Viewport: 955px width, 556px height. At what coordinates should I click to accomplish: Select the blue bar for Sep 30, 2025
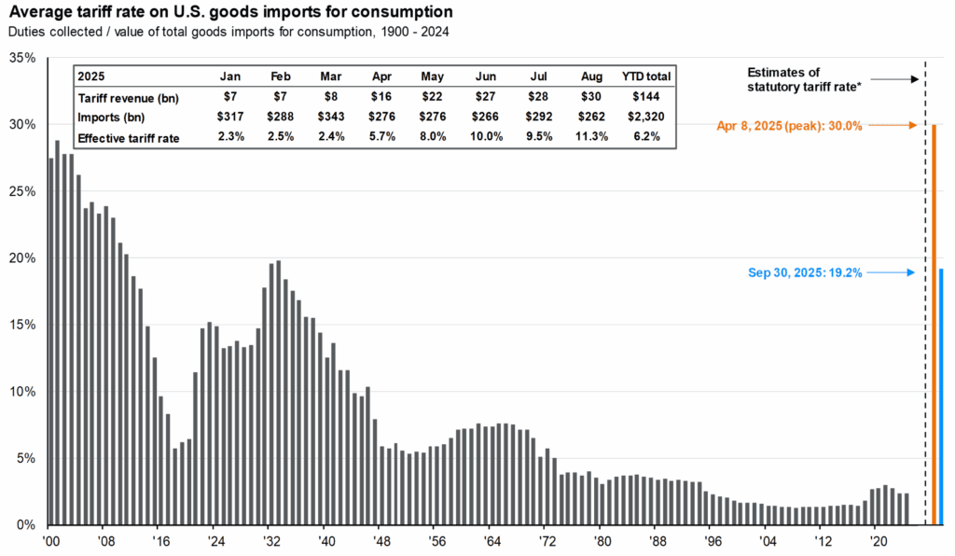tap(942, 396)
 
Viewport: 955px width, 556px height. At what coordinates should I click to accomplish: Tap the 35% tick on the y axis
tap(21, 58)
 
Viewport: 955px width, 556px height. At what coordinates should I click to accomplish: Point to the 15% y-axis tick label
tap(21, 325)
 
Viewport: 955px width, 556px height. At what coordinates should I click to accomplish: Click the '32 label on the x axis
tap(270, 539)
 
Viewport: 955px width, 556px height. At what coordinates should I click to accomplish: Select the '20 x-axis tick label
tap(877, 539)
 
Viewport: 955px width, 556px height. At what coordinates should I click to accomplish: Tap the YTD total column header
tap(645, 76)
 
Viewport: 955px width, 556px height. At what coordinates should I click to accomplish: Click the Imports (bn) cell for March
tap(331, 117)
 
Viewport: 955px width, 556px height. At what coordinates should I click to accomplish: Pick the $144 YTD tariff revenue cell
tap(645, 97)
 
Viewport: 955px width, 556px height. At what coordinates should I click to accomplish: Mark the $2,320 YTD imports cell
tap(645, 117)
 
